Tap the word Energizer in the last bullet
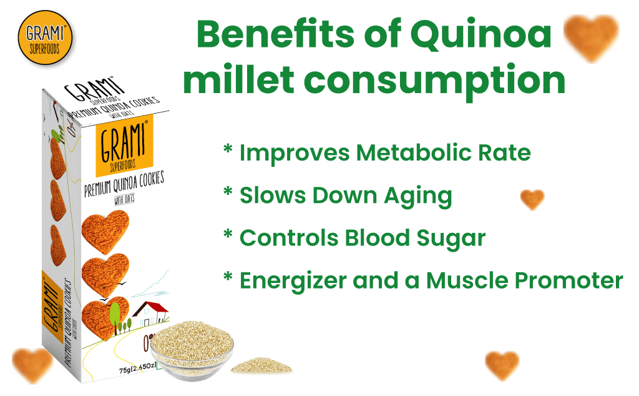293,280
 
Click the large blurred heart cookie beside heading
590,37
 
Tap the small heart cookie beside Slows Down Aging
532,199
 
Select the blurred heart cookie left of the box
32,365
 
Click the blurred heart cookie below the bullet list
502,365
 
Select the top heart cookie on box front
104,231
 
